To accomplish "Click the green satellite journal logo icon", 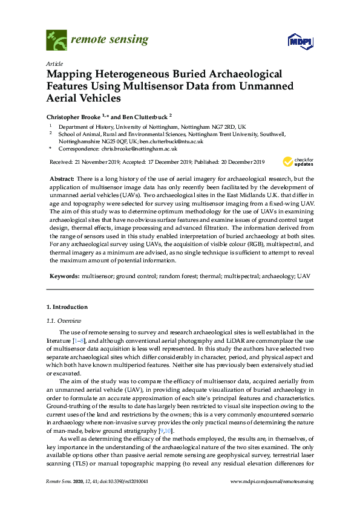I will click(56, 41).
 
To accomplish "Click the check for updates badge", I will click(297, 161).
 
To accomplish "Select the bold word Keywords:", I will click(65, 276).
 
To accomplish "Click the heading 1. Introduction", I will click(67, 307).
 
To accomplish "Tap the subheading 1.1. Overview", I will click(64, 320).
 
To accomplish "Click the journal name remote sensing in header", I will click(110, 40).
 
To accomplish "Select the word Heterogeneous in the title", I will click(134, 74).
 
